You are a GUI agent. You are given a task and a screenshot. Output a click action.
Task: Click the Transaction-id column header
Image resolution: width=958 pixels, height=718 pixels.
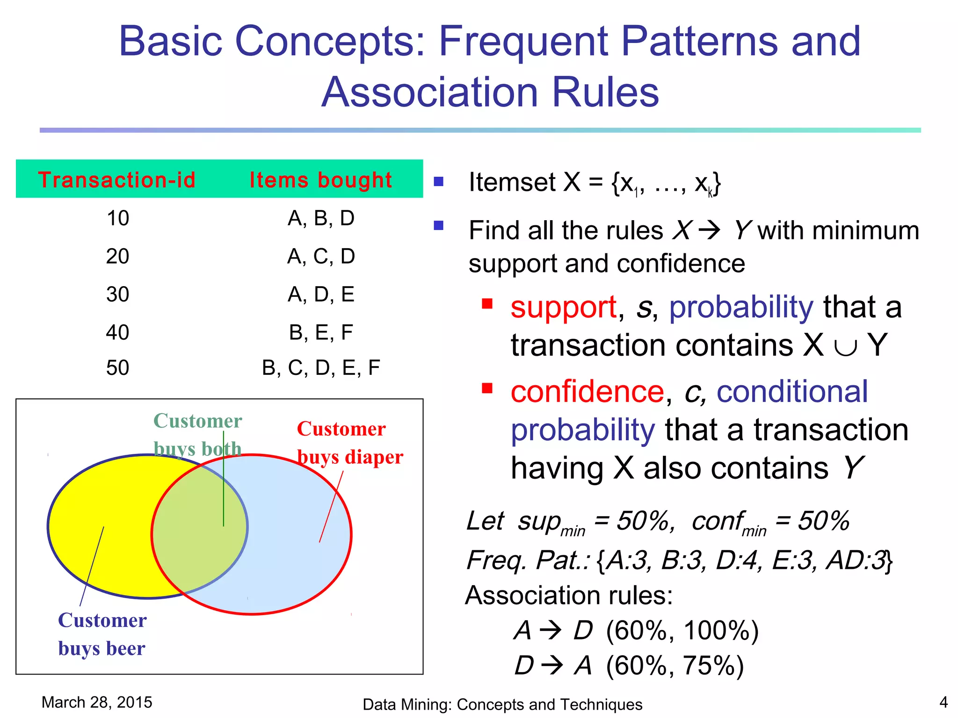[116, 180]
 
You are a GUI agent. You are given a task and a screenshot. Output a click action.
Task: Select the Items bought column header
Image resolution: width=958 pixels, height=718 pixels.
[320, 180]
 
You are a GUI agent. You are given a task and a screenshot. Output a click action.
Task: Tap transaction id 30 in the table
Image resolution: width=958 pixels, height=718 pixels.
[117, 294]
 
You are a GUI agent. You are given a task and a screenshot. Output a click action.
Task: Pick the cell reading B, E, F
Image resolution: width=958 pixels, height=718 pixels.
[321, 332]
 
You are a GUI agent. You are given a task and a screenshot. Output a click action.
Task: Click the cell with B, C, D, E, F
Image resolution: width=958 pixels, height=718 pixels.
[321, 368]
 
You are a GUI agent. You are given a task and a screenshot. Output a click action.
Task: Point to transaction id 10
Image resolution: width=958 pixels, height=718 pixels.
[117, 218]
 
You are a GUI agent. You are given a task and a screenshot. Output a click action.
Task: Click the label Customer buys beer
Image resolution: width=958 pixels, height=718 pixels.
[102, 634]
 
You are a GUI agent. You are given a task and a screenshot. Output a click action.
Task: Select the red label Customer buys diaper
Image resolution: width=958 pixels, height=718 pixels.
[349, 443]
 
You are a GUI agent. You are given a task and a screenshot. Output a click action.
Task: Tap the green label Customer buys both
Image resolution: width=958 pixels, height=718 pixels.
[197, 435]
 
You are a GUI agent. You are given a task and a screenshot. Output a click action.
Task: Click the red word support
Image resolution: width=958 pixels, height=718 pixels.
[563, 308]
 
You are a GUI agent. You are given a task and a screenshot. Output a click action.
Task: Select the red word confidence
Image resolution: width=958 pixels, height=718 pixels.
[587, 392]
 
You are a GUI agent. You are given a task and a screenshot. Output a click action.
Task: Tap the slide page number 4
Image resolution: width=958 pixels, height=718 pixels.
[943, 702]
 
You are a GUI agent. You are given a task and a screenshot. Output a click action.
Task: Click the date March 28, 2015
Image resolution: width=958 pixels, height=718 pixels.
[97, 702]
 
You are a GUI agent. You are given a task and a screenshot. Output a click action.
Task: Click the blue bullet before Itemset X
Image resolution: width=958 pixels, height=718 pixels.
[438, 181]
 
